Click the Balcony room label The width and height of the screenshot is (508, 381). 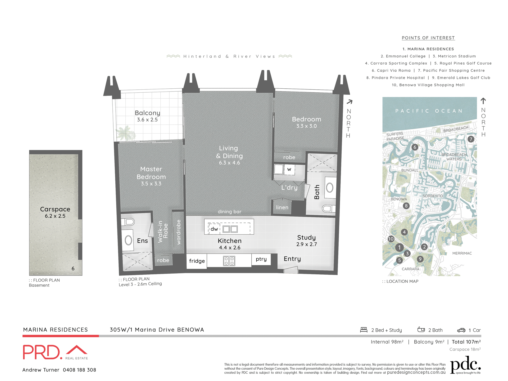[147, 113]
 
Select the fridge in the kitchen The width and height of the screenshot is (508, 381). [197, 261]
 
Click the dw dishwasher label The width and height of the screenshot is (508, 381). [214, 229]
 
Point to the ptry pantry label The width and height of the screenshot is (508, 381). [261, 259]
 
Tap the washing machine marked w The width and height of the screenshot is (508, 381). [289, 169]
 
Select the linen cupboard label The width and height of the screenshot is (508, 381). [282, 207]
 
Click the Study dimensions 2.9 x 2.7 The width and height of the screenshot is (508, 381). [306, 244]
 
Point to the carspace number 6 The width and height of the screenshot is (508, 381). [73, 269]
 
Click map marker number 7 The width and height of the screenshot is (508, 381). [471, 139]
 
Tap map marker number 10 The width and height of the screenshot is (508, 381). [391, 239]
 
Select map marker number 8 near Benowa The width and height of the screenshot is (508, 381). [406, 206]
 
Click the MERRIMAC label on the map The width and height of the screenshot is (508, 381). [462, 253]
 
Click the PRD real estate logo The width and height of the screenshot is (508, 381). [55, 352]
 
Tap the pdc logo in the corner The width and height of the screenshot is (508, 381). [465, 365]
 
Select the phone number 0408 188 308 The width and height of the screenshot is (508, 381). [79, 370]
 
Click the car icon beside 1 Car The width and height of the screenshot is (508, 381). [461, 330]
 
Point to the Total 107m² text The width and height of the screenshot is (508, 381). [466, 342]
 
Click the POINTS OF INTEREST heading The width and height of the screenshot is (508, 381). [428, 38]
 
